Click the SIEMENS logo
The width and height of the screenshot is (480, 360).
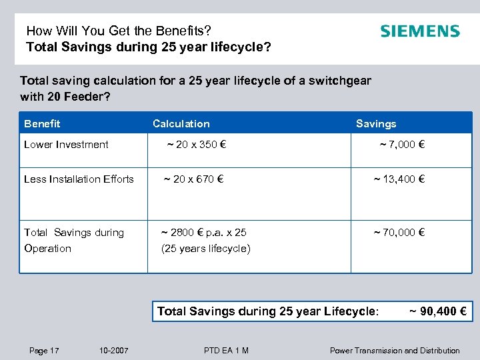coord(419,31)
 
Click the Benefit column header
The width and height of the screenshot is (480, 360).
coord(42,123)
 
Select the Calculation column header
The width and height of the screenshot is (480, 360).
coord(181,123)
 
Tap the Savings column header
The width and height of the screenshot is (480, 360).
coord(376,123)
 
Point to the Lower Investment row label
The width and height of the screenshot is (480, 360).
coord(66,144)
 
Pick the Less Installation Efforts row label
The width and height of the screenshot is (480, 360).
coord(79,179)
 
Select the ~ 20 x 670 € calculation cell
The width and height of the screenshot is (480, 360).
coord(194,179)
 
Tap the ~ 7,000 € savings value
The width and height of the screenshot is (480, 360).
coord(402,144)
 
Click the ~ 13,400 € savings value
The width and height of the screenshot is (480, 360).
coord(399,179)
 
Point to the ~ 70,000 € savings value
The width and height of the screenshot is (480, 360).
coord(399,232)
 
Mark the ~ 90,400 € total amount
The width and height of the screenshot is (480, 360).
coord(437,311)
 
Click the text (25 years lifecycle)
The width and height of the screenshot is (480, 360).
coord(206,249)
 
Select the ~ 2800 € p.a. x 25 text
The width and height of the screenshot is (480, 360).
coord(204,232)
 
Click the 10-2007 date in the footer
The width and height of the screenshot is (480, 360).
coord(113,350)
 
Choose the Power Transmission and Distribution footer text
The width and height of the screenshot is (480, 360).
coord(395,350)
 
